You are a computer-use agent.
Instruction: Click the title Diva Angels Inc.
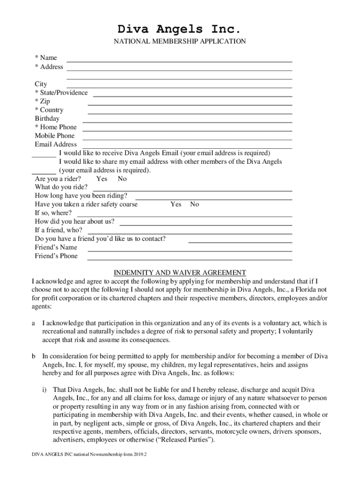click(x=180, y=29)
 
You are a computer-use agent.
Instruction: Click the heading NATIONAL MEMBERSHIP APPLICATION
click(x=180, y=42)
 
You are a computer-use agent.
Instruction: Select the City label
click(x=41, y=84)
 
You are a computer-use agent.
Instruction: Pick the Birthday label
click(x=47, y=119)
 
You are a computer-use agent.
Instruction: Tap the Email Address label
click(x=56, y=145)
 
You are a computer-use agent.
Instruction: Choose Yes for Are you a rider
click(x=101, y=179)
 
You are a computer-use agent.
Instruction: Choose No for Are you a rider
click(x=122, y=179)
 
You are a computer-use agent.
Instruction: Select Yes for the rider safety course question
click(x=176, y=204)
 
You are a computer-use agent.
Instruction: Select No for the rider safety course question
click(x=194, y=204)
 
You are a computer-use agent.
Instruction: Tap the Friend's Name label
click(x=56, y=247)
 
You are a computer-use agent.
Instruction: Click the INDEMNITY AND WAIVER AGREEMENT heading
click(x=180, y=273)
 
